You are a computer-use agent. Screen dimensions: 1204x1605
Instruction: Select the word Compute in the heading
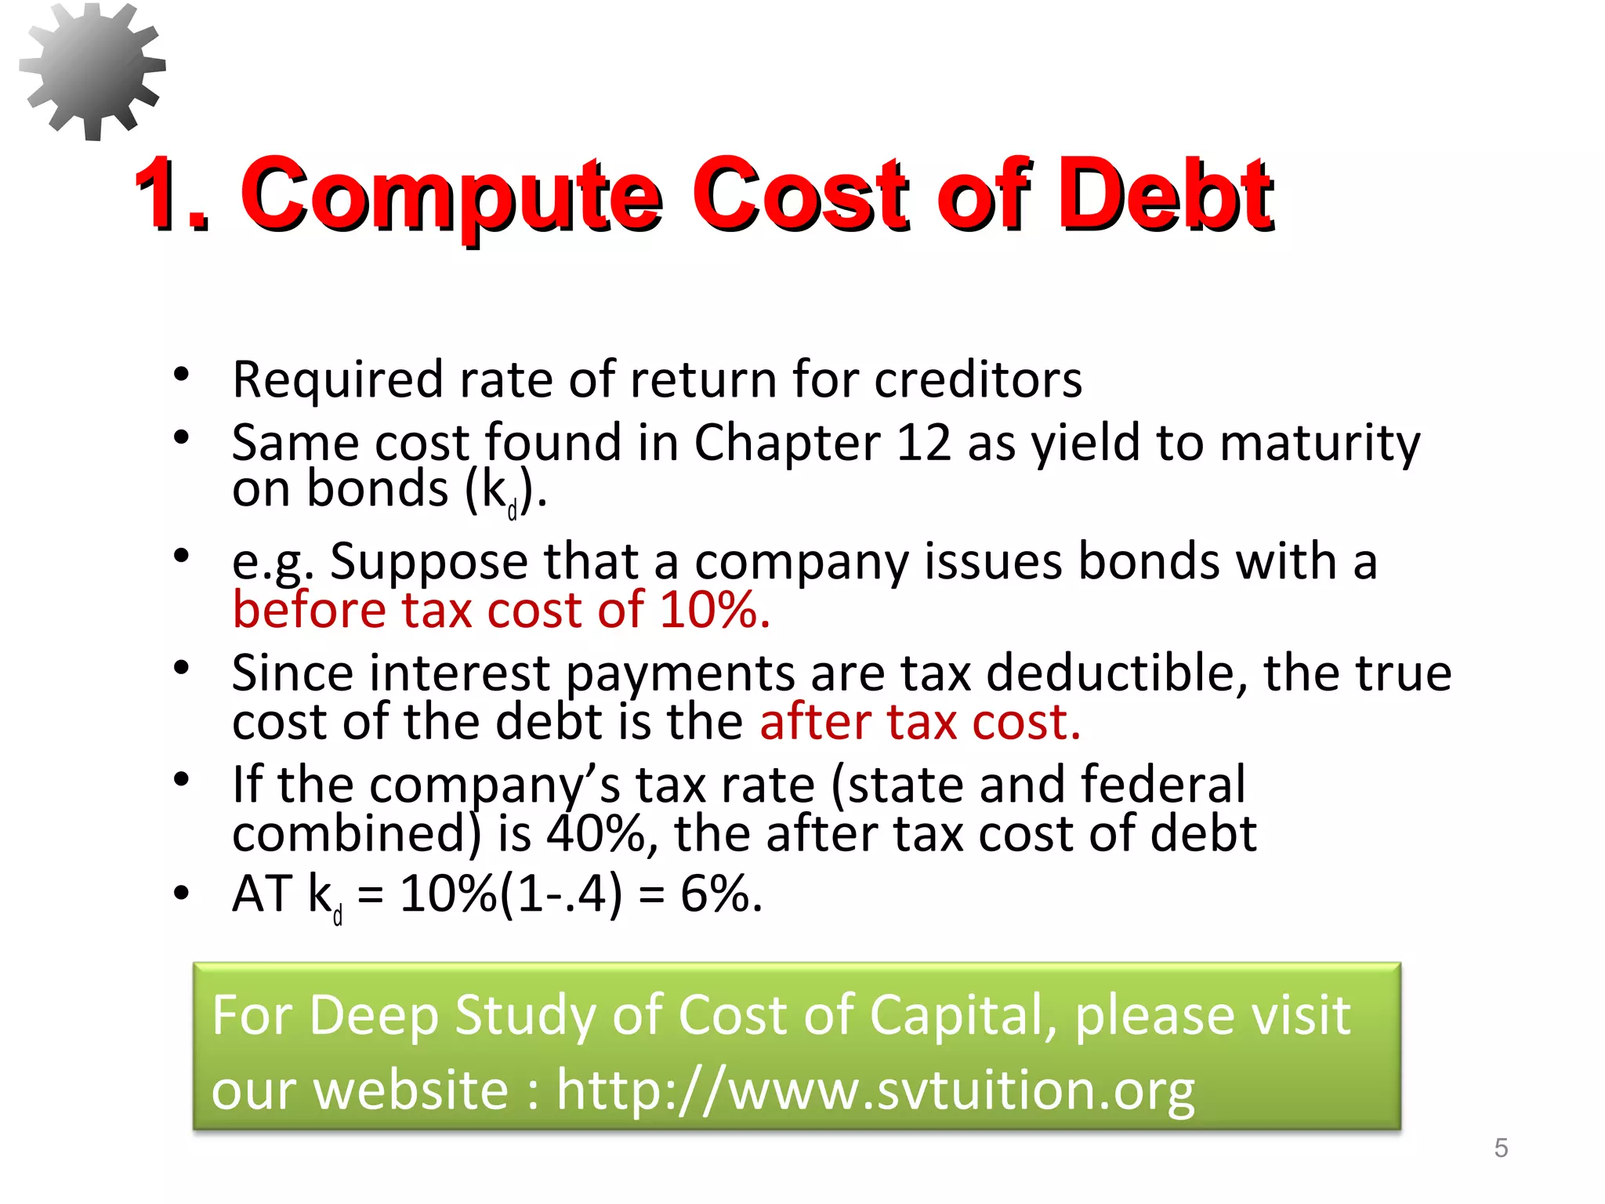pos(451,196)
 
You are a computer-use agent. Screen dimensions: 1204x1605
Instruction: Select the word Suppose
pos(429,563)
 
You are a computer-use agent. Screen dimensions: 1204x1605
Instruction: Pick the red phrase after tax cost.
pos(919,721)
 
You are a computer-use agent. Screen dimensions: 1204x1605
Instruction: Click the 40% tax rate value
pos(596,833)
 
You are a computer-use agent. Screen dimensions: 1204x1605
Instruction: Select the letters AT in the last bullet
pos(262,894)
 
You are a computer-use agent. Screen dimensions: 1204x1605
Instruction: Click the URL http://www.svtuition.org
pos(875,1090)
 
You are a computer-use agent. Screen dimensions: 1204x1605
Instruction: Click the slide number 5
pos(1501,1148)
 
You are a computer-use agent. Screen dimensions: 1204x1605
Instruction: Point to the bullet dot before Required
pos(182,375)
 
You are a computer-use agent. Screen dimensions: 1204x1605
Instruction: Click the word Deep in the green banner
pos(372,1016)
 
